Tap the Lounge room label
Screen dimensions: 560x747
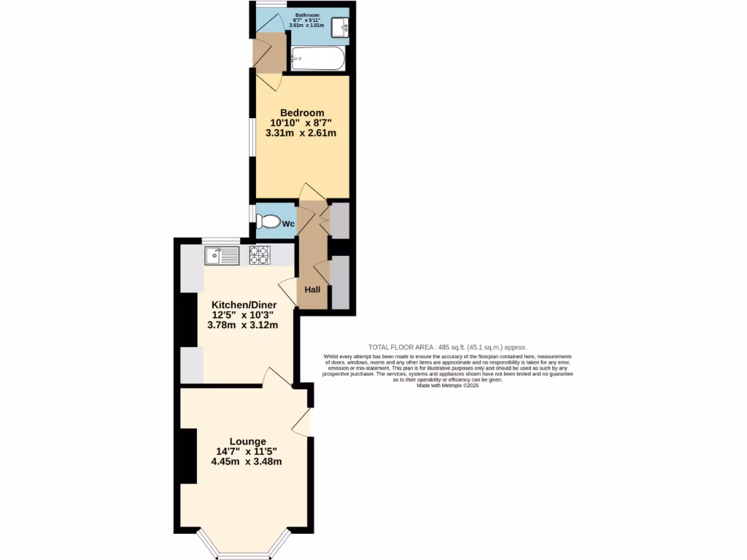(247, 441)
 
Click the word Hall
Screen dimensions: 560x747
(312, 290)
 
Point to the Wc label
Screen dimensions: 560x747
(288, 224)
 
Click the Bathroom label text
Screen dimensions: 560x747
(306, 15)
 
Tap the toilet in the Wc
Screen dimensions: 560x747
(268, 222)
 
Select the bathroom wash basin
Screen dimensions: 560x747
(340, 27)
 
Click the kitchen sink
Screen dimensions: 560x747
(222, 256)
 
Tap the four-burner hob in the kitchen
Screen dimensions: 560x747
(260, 255)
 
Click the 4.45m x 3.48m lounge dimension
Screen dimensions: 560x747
(247, 462)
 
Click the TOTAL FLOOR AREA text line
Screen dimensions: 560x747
(447, 348)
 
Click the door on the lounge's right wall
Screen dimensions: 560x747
(303, 421)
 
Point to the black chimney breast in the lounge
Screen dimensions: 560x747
(187, 456)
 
